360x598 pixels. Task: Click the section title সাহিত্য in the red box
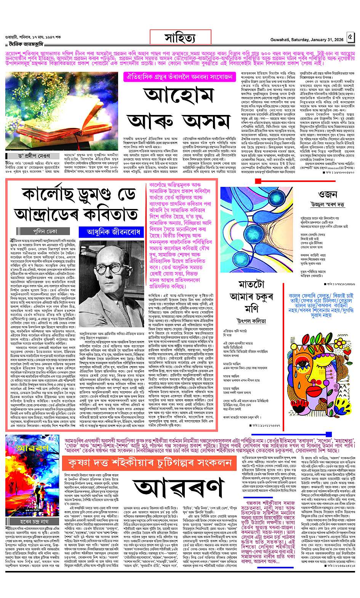click(x=180, y=38)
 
